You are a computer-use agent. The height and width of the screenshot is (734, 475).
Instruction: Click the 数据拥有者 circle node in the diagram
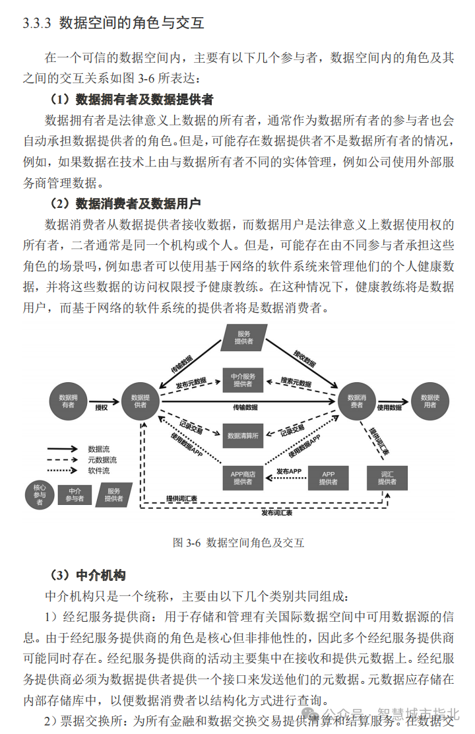tap(69, 401)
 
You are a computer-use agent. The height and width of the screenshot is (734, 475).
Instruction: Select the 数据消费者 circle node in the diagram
tap(356, 401)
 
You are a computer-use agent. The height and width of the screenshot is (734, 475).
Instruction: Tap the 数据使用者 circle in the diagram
tap(429, 401)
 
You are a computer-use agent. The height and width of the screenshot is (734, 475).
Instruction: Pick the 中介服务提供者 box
tap(243, 380)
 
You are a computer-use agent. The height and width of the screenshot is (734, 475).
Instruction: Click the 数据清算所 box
tap(243, 436)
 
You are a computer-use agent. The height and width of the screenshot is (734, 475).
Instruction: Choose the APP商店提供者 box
tap(243, 478)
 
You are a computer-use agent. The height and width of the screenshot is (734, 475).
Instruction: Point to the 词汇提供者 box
tap(387, 478)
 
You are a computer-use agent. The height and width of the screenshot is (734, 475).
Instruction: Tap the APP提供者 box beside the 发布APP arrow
tap(328, 478)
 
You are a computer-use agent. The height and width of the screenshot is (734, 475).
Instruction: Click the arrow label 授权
tap(101, 407)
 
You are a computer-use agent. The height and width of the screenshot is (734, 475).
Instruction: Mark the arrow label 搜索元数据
tap(296, 382)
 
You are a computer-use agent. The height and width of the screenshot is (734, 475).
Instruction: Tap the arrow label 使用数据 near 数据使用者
tap(389, 407)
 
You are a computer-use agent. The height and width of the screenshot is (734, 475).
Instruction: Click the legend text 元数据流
tap(102, 459)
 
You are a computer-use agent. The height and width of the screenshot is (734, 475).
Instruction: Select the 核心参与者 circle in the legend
tap(40, 495)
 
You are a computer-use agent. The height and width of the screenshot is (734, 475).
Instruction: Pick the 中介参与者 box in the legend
tap(75, 495)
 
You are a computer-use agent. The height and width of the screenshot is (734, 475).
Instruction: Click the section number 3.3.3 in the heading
tap(37, 24)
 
